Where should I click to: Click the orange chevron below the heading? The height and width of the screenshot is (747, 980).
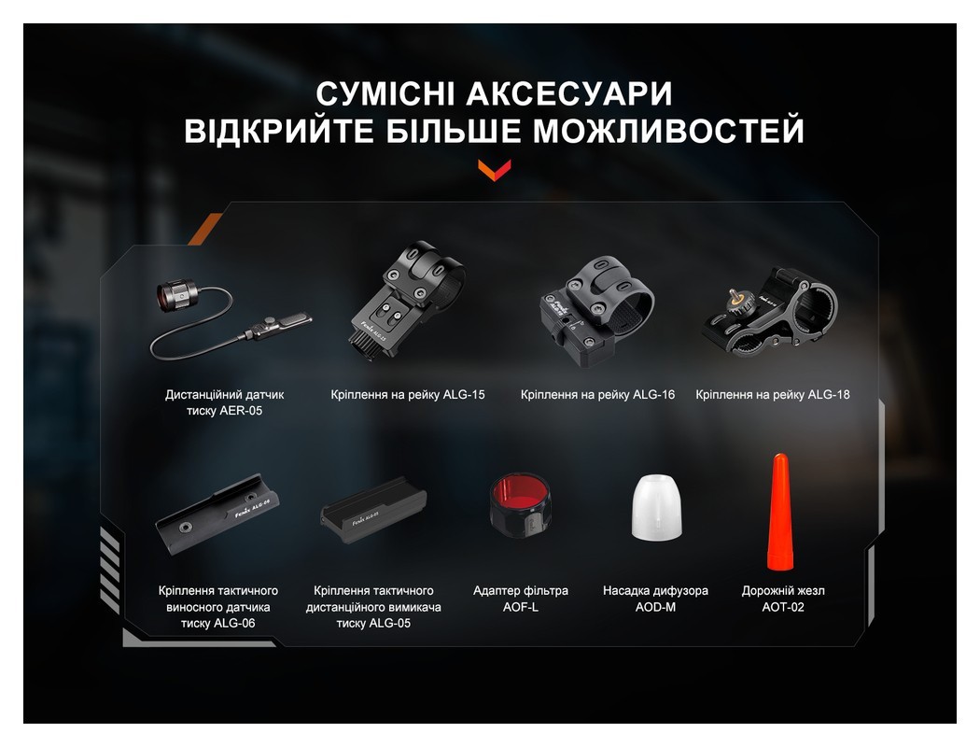coord(494,169)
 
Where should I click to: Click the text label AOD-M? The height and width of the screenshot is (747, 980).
coord(655,607)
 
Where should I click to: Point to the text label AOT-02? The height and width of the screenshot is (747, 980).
coord(782,607)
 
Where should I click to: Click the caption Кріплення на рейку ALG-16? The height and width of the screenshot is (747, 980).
coord(597,395)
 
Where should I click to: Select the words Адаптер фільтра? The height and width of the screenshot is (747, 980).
coord(520,590)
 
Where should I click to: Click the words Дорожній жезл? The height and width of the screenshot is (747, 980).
coord(782,590)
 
